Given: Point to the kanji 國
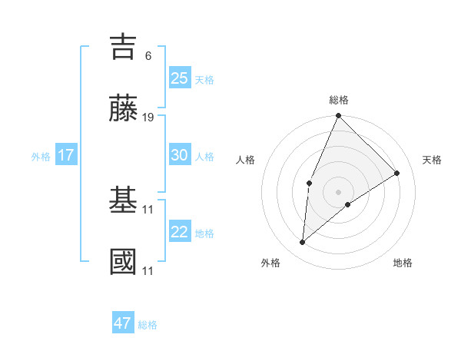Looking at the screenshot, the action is coord(123,262).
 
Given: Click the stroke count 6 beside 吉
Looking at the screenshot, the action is coord(148,56).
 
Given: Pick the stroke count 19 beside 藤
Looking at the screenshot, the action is coord(148,118).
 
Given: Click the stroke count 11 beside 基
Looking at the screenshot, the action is coord(148,209).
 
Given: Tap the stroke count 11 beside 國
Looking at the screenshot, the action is coord(148,270).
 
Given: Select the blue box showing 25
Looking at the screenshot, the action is coord(180,78).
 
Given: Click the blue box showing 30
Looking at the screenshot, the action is coord(180,155).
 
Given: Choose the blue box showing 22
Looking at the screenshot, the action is coord(180,232).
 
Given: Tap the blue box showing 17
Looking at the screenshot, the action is coord(66,155).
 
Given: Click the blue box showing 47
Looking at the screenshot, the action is coord(123,323).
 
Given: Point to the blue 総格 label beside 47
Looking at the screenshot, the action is coord(148,325).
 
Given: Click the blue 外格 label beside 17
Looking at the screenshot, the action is coord(41,157).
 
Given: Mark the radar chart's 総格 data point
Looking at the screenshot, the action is coord(338,116).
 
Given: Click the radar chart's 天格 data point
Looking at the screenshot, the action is coord(397,173).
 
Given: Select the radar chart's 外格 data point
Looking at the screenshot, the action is coord(303,243).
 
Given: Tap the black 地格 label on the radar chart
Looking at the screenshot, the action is coord(403,263).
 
